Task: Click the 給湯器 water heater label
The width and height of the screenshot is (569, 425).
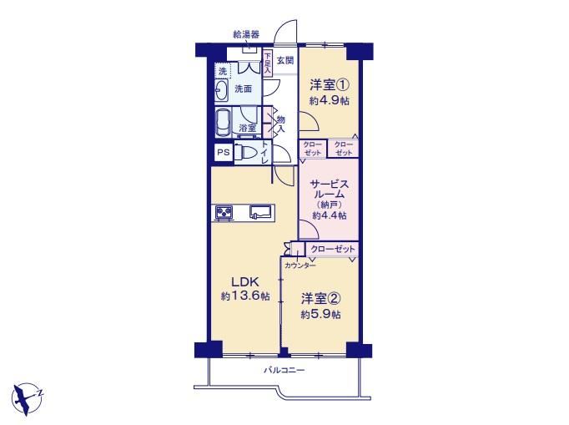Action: pos(246,34)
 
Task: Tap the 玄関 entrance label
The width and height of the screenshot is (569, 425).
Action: pos(285,60)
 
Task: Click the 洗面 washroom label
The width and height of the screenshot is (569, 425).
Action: pos(243,89)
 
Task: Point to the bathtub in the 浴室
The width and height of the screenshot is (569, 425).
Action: pos(223,123)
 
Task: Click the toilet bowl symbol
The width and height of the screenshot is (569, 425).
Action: pos(244,152)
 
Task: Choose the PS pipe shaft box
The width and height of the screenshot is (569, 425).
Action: pos(223,152)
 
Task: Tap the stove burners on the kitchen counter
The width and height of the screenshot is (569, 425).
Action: pos(224,212)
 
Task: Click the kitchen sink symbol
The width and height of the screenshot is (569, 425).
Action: pos(260,212)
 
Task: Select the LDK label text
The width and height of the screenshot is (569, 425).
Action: pos(245,281)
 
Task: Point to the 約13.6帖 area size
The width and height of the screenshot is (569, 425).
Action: pos(245,296)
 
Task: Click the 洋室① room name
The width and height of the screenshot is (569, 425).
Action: pos(329,85)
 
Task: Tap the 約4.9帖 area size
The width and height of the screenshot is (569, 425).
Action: pos(329,100)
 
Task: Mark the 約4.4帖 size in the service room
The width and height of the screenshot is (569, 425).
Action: pos(330,215)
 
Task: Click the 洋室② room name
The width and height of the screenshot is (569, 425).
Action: pos(320,299)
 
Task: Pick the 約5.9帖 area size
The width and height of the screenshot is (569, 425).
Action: pos(320,314)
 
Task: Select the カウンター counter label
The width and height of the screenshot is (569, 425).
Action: pos(300,266)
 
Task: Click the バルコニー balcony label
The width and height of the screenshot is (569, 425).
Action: pos(284,371)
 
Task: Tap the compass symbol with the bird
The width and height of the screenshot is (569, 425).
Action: pos(28,398)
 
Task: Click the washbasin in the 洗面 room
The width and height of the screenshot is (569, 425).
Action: pos(221,90)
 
